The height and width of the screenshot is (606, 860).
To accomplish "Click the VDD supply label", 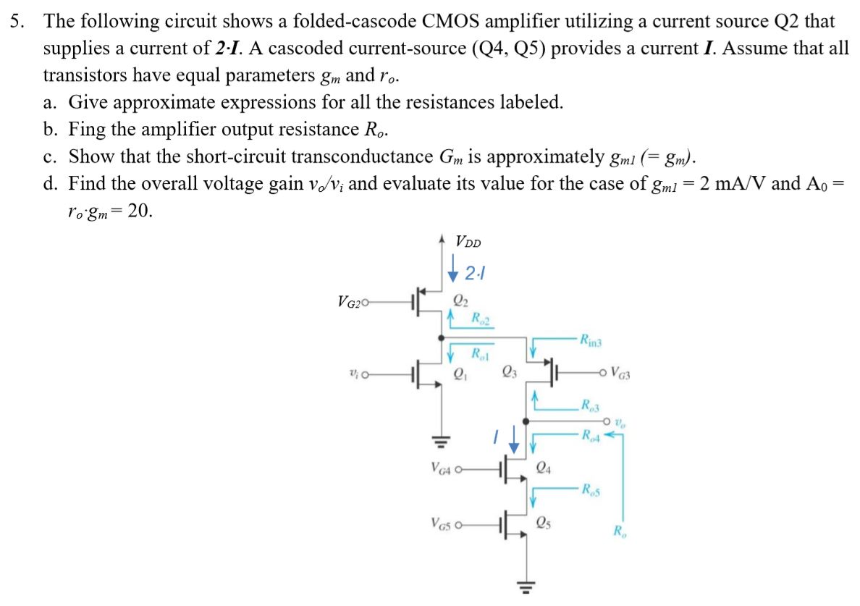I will coord(469,242).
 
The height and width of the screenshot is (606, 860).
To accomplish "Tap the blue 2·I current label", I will coord(475,273).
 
